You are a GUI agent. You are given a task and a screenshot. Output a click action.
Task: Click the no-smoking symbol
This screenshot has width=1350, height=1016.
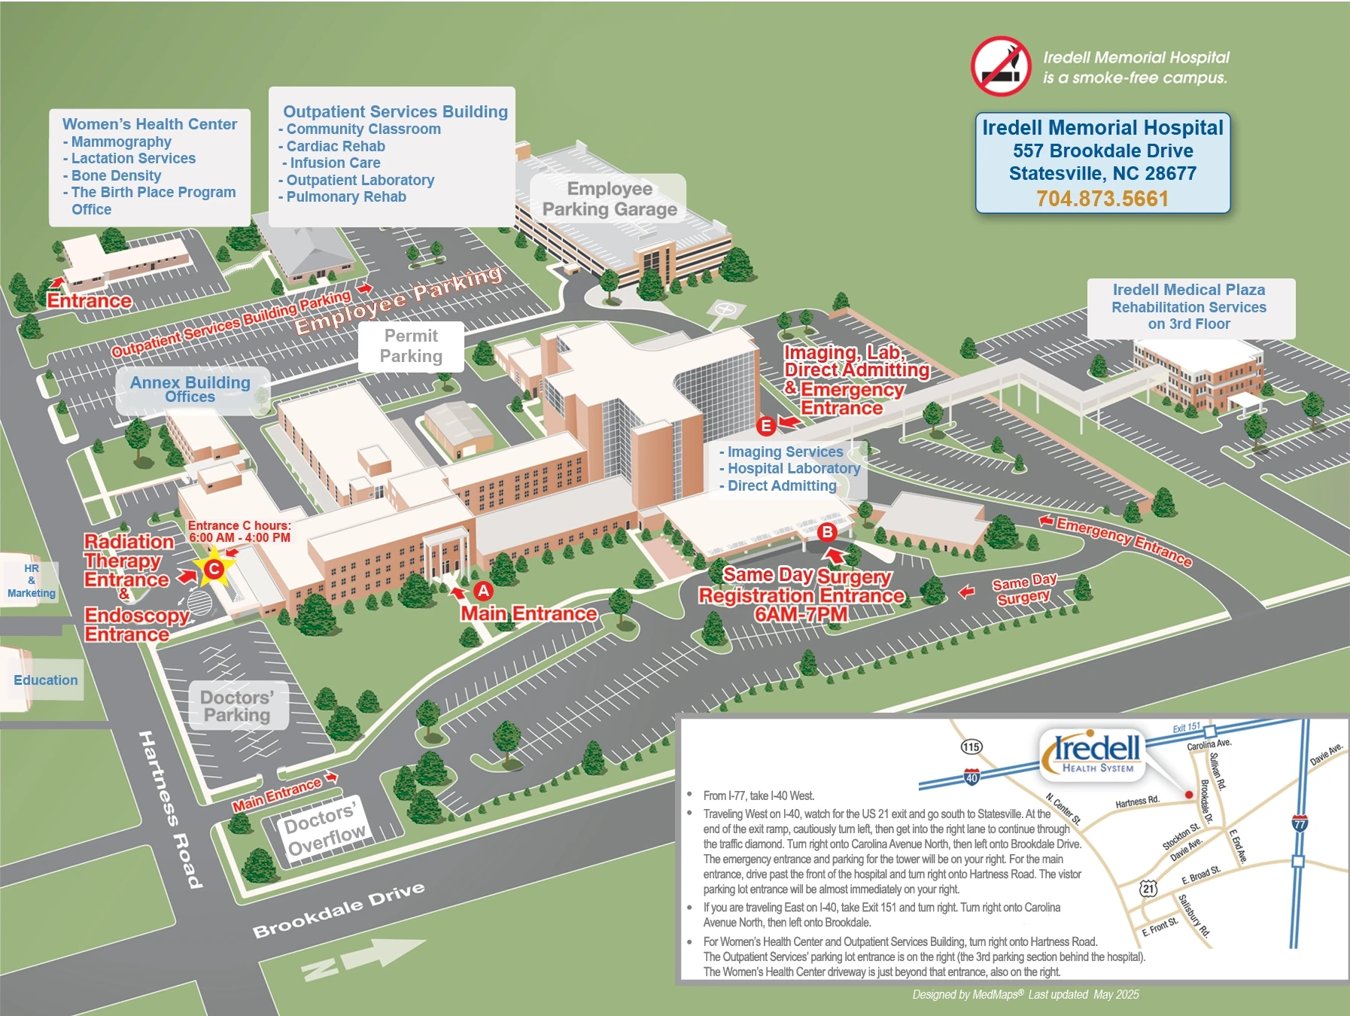(1001, 66)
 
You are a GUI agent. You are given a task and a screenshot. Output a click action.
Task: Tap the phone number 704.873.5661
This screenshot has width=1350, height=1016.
(1102, 199)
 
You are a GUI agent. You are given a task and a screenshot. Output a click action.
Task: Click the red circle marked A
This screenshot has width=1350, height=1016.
(483, 592)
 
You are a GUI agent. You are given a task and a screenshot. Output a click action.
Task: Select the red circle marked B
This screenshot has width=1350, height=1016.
(827, 532)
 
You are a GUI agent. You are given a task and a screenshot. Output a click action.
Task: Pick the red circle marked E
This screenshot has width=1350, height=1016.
(766, 426)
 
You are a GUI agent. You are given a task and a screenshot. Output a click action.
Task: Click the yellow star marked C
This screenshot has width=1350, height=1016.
(214, 568)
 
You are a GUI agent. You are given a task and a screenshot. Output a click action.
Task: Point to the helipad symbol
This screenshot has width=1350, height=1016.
(725, 309)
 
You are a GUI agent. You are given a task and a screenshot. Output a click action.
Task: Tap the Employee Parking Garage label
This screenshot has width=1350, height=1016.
(610, 199)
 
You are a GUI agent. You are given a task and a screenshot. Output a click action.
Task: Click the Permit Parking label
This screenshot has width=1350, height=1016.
(411, 346)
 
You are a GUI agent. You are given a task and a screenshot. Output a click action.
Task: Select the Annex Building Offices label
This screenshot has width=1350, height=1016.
(190, 389)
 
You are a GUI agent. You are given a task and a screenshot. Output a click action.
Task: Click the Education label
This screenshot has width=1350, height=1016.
(46, 680)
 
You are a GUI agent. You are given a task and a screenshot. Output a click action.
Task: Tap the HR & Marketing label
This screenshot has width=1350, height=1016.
(32, 581)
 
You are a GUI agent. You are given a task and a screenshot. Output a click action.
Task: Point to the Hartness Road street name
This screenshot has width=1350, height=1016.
(170, 808)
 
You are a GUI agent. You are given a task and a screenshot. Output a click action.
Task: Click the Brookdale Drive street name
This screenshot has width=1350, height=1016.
(339, 910)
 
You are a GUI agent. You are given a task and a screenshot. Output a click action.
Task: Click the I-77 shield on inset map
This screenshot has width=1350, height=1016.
(1300, 823)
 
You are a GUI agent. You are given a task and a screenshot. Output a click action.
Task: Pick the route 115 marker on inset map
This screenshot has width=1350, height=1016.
(971, 747)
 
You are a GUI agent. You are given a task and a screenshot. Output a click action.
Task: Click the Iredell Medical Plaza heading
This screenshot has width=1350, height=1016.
(1189, 290)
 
